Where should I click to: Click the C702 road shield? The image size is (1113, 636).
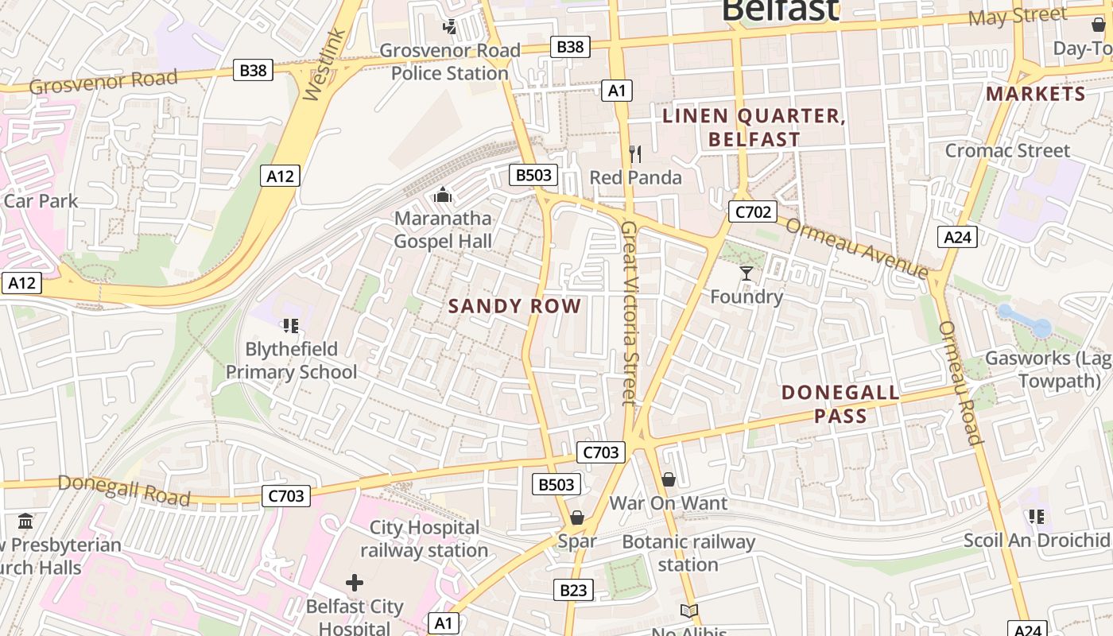pyautogui.click(x=751, y=211)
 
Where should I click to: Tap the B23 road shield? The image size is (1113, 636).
pyautogui.click(x=572, y=590)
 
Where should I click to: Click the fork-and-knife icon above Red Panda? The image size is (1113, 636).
pyautogui.click(x=634, y=153)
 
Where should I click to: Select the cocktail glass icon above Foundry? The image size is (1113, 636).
pyautogui.click(x=746, y=273)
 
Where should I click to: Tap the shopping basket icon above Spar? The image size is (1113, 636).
pyautogui.click(x=577, y=518)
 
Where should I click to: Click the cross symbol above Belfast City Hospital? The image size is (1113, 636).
pyautogui.click(x=355, y=583)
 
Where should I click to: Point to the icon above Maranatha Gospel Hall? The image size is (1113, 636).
pyautogui.click(x=443, y=194)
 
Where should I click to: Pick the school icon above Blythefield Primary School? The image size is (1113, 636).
pyautogui.click(x=290, y=325)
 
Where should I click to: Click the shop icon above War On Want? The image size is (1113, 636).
pyautogui.click(x=669, y=479)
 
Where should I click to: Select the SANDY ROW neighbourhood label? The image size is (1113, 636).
pyautogui.click(x=514, y=306)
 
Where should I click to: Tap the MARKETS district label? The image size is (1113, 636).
pyautogui.click(x=1035, y=94)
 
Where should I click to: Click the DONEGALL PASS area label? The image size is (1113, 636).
pyautogui.click(x=840, y=404)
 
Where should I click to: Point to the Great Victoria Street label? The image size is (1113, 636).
pyautogui.click(x=630, y=312)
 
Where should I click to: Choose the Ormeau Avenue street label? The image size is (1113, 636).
pyautogui.click(x=856, y=247)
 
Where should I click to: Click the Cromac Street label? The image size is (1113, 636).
pyautogui.click(x=1007, y=150)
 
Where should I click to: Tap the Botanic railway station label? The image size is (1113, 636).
pyautogui.click(x=688, y=553)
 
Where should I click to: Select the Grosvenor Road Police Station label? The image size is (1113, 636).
pyautogui.click(x=450, y=62)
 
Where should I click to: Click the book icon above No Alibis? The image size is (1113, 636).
pyautogui.click(x=689, y=611)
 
